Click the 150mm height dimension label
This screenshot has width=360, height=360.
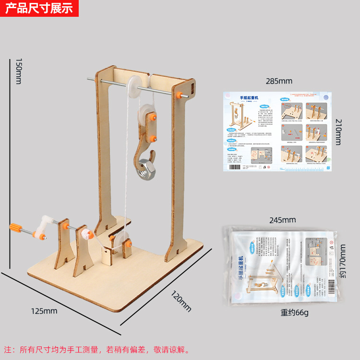pos(18,72)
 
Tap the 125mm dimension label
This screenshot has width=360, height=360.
pos(44,311)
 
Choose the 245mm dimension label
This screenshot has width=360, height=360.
pos(282,220)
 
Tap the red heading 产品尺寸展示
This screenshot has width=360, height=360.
pos(38,8)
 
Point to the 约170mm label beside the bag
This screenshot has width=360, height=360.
pos(342,262)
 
